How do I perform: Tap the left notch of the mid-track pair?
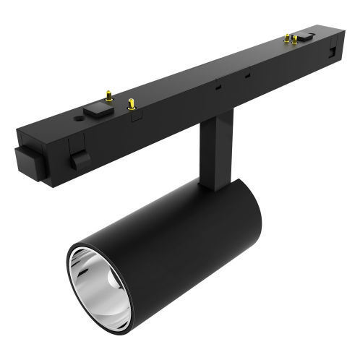pyautogui.click(x=218, y=85)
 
